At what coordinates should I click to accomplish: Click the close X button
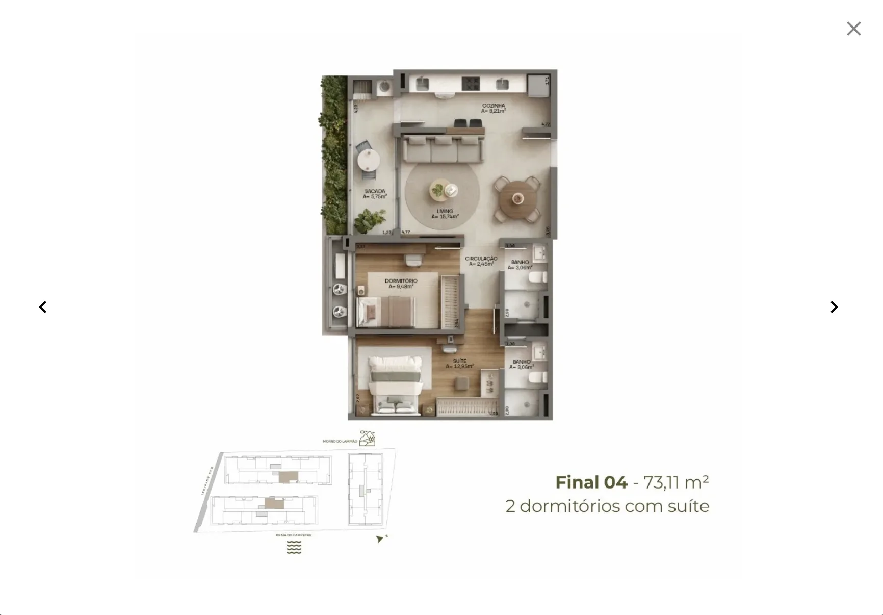(853, 29)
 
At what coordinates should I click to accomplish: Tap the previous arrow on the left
(43, 307)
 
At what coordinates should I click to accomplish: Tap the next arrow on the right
(834, 307)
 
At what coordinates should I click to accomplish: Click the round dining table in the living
(517, 199)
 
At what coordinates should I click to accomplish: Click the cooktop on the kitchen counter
(471, 84)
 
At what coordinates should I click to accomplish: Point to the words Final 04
(591, 482)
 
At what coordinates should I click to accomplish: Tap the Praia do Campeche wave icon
(294, 548)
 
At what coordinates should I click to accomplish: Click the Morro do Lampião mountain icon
(367, 438)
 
